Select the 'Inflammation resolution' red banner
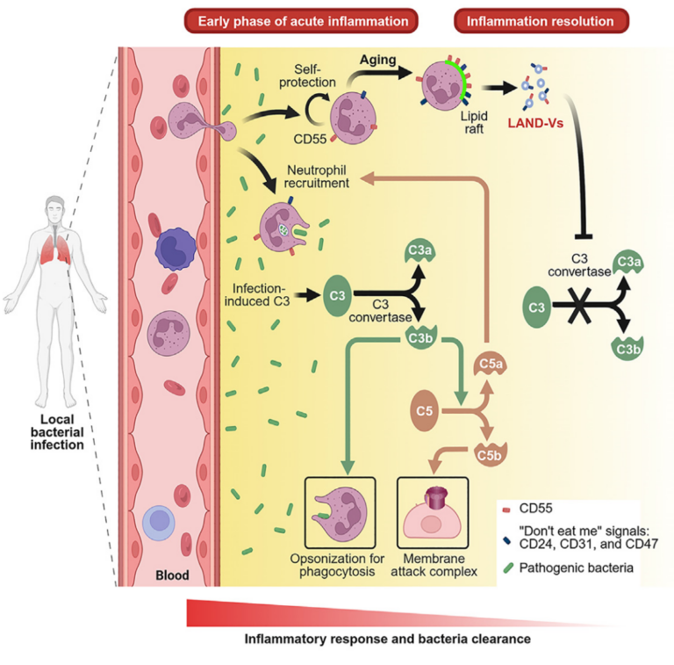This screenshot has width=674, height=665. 541,20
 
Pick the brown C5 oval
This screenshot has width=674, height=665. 427,409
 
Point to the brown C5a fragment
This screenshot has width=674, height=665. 491,361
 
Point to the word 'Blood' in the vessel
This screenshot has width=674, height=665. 172,575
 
